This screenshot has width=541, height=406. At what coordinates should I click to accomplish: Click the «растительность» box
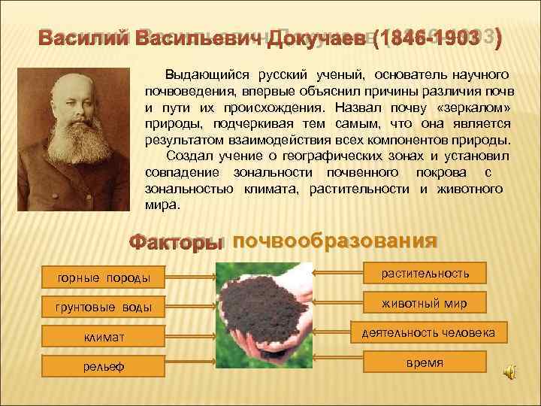(425, 273)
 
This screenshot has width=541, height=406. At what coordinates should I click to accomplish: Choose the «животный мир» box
(425, 303)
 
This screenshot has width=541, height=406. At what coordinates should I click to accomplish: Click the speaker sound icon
(510, 372)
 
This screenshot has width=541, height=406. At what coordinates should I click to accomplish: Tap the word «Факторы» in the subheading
(176, 243)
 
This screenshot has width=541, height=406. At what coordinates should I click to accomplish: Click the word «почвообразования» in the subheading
(334, 241)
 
